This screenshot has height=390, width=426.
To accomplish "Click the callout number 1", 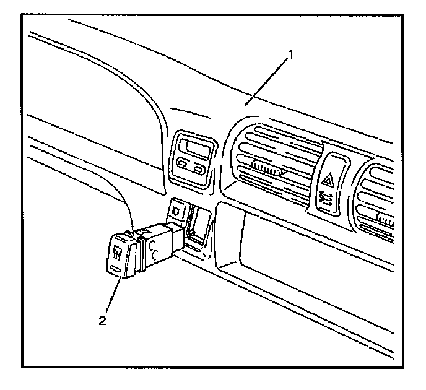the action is (289, 54).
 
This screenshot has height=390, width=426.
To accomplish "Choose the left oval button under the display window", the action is (183, 164).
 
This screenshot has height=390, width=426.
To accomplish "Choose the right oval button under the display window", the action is (199, 168).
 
